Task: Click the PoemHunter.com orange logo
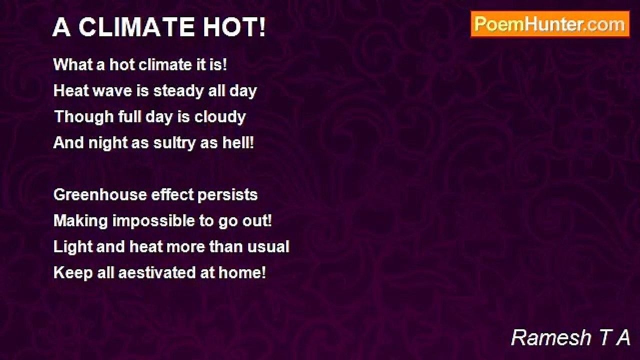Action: coord(550,24)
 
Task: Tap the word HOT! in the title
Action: coord(234,27)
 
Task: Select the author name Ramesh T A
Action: coord(570,337)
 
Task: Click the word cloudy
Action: coord(220,117)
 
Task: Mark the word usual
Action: coord(268,246)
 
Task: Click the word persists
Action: coord(227,195)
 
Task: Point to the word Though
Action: coord(84,117)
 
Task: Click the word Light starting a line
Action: coord(73,247)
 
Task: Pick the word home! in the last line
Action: coord(242,272)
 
